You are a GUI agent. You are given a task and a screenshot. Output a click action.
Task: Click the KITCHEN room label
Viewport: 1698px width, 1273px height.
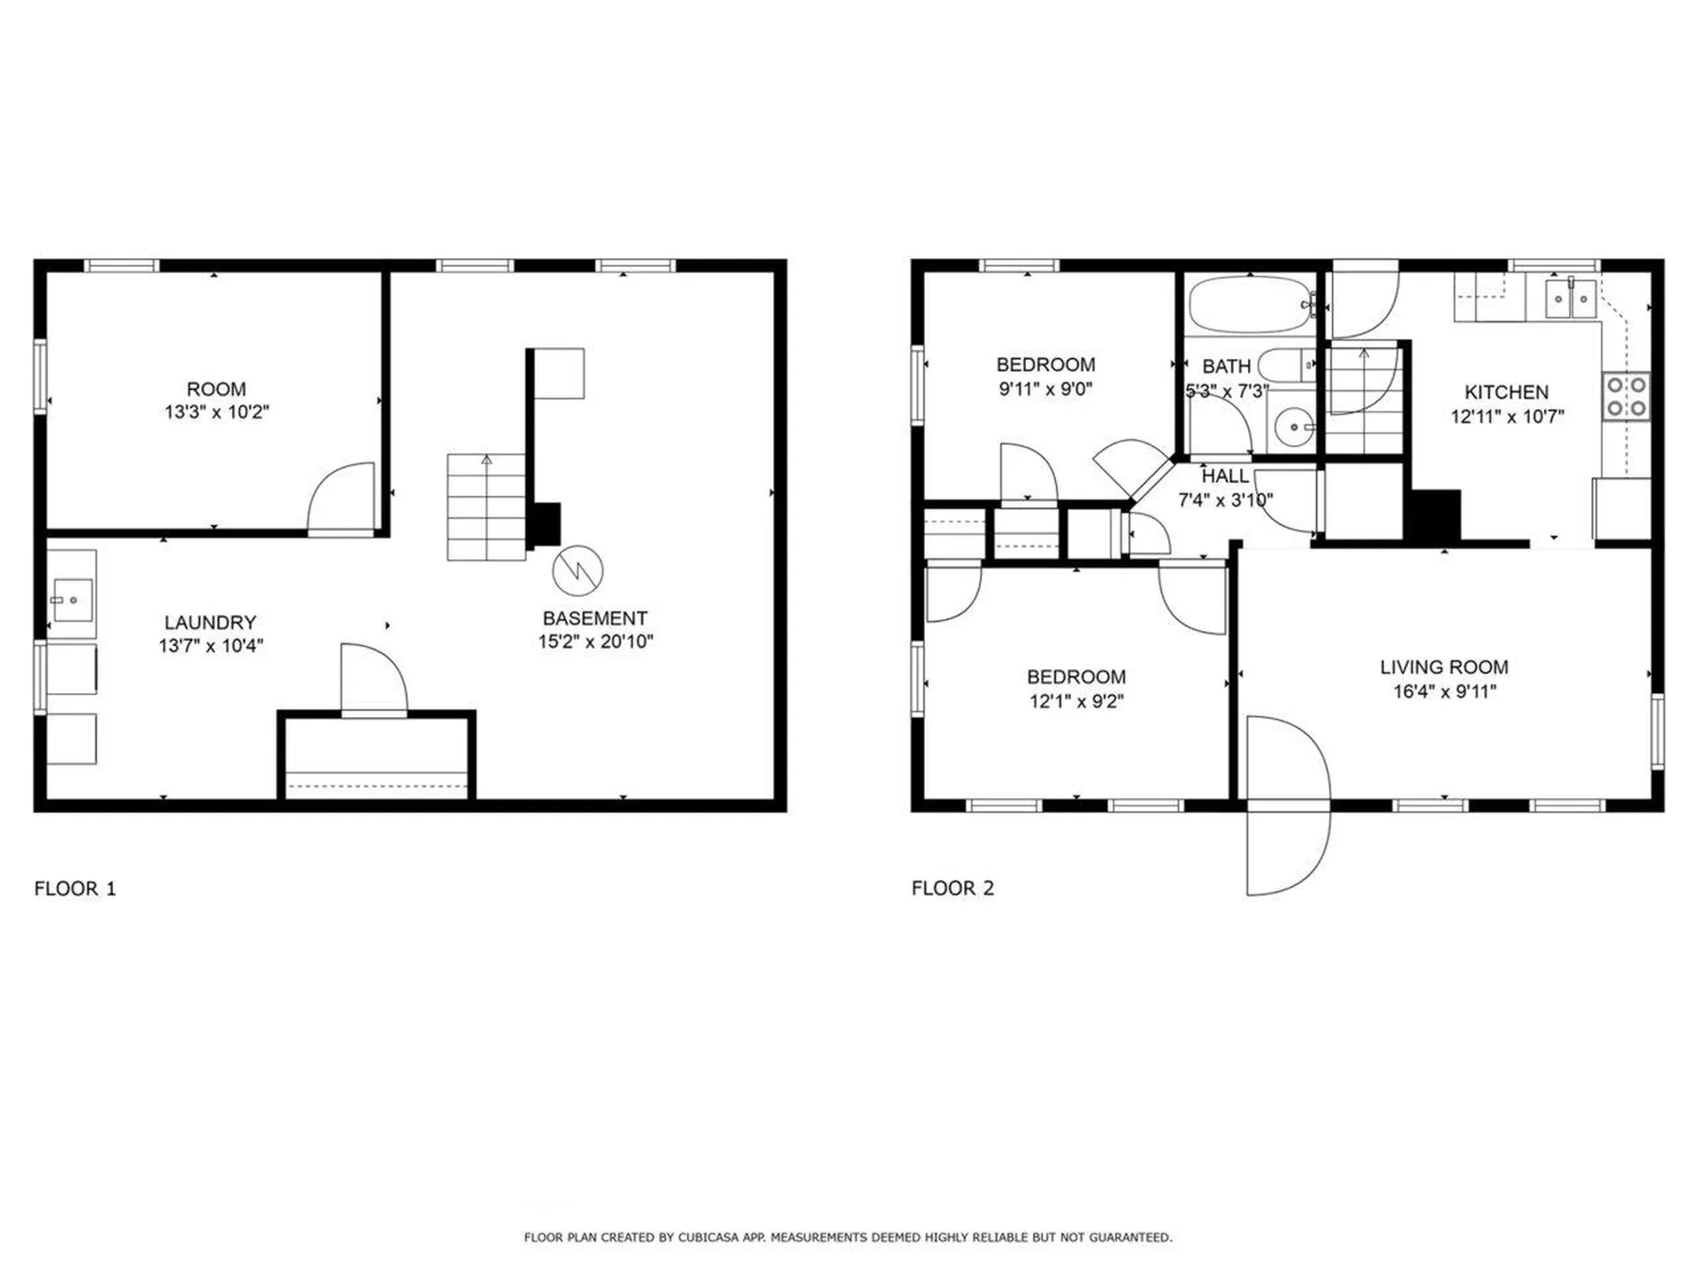(x=1506, y=393)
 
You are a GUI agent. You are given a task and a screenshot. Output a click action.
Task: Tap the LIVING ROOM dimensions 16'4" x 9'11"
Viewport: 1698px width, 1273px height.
(x=1444, y=692)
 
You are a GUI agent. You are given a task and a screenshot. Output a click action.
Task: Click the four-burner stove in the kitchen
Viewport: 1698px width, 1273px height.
(x=1625, y=396)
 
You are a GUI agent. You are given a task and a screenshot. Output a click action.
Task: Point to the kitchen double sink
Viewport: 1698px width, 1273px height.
(x=1570, y=299)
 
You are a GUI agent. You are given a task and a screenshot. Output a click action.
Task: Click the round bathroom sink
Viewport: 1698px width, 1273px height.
(x=1294, y=428)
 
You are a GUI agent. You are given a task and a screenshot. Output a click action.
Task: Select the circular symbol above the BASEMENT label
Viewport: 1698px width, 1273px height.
(x=577, y=571)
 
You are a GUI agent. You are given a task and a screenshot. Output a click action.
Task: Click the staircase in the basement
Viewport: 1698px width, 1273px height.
(x=486, y=507)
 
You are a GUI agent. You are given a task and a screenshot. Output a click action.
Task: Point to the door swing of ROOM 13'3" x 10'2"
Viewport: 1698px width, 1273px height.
(x=340, y=499)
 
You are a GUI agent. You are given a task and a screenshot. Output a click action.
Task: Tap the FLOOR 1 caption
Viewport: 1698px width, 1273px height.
(x=75, y=888)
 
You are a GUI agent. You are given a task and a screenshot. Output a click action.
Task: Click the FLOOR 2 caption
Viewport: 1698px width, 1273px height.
(x=952, y=888)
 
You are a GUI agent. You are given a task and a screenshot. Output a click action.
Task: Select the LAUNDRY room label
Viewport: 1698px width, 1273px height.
(x=210, y=622)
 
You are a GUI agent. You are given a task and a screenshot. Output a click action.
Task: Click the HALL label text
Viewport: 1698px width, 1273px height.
(x=1225, y=476)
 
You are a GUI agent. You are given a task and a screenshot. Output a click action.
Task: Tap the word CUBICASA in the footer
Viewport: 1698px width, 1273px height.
(x=707, y=1238)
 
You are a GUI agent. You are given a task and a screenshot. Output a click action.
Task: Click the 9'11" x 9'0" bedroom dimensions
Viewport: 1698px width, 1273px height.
(x=1045, y=389)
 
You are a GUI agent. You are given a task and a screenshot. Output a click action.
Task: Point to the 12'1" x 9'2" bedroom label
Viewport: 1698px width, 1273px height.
(x=1076, y=677)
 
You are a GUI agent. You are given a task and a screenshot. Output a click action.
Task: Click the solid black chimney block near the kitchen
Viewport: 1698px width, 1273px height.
(x=1433, y=515)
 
